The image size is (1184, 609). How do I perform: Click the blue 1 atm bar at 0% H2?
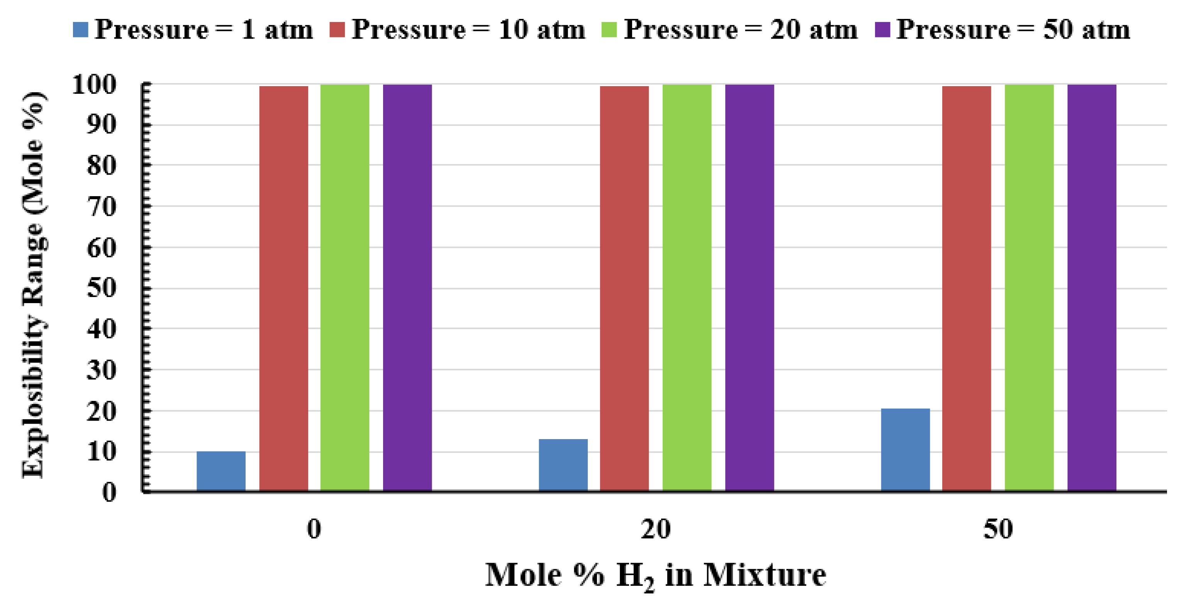coord(221,472)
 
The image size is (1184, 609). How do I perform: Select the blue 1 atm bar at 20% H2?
coord(563,466)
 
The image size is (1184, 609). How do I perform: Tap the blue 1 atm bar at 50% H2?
coord(906,450)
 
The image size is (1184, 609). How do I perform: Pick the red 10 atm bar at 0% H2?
coord(283,288)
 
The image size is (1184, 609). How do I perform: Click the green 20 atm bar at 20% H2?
coord(687,288)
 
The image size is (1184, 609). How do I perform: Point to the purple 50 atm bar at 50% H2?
coord(1092,288)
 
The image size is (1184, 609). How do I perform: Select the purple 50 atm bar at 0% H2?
coord(407,288)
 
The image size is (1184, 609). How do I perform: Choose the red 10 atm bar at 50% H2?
coord(967,288)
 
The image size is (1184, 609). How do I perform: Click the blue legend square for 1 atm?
coord(80,30)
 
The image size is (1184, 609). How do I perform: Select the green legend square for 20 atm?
coord(609,30)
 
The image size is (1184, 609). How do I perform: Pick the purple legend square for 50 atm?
coord(882,30)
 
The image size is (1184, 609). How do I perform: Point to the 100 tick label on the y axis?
coord(94,85)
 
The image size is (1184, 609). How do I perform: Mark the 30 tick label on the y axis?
coord(102,370)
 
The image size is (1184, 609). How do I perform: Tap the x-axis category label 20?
coord(656,529)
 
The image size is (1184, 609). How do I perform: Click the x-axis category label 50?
coord(998,529)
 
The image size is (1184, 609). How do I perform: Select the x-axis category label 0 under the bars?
coord(314,529)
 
